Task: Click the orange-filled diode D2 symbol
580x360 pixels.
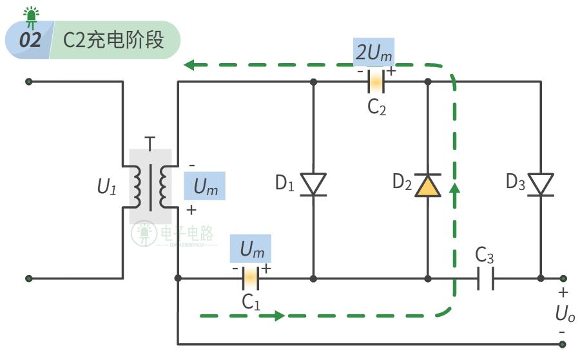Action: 428,185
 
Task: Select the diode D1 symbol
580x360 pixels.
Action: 313,185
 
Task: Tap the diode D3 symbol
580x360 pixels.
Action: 540,185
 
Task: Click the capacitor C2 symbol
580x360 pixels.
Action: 376,82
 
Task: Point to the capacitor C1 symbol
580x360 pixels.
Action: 249,278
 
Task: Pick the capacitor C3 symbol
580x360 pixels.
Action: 485,278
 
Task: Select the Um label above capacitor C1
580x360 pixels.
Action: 251,249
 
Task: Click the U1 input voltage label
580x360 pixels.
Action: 107,187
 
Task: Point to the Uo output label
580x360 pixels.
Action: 565,315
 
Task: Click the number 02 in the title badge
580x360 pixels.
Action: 30,40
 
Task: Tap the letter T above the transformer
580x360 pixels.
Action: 150,143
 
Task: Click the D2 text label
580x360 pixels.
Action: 402,182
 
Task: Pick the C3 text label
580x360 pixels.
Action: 485,256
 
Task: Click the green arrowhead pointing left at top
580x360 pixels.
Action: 189,64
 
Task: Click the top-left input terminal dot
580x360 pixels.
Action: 28,82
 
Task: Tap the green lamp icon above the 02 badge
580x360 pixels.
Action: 30,14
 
